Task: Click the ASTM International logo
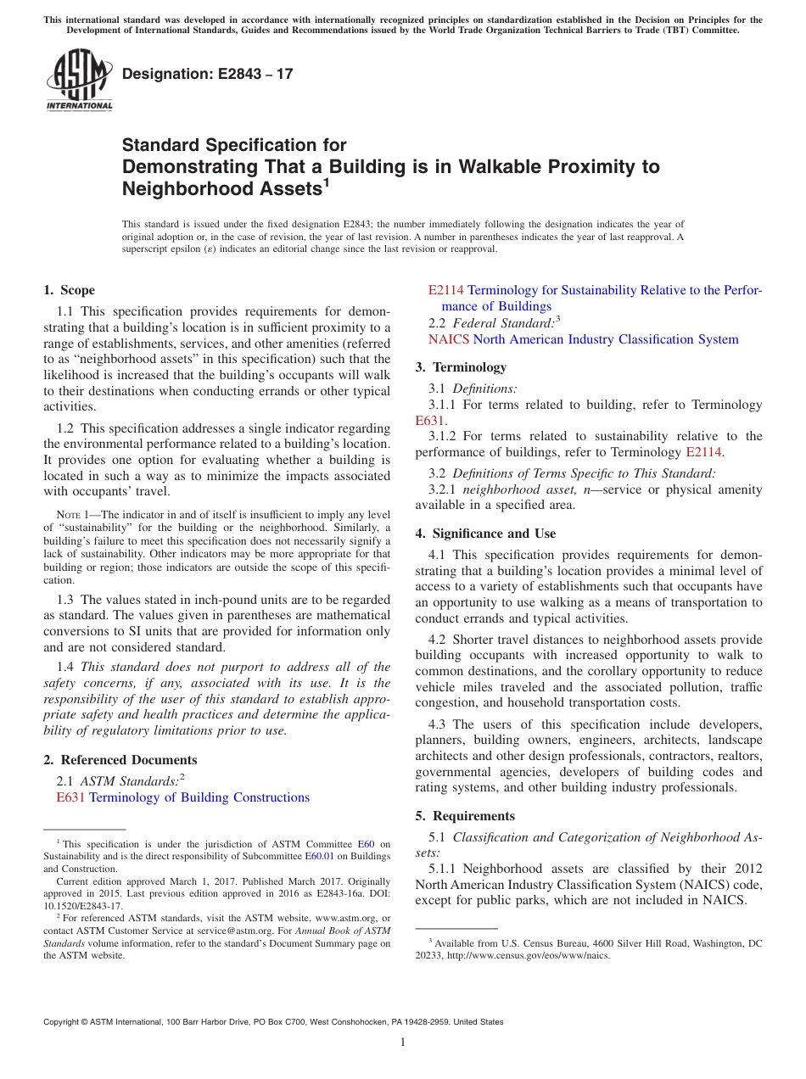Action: (x=79, y=81)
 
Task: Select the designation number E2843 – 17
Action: (x=208, y=74)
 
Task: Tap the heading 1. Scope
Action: (x=69, y=290)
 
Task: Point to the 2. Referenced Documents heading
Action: (x=120, y=760)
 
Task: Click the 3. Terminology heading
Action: (x=461, y=367)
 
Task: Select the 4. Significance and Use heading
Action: (x=485, y=534)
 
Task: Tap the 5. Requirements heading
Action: (x=465, y=816)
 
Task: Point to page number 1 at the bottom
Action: (x=403, y=1043)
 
